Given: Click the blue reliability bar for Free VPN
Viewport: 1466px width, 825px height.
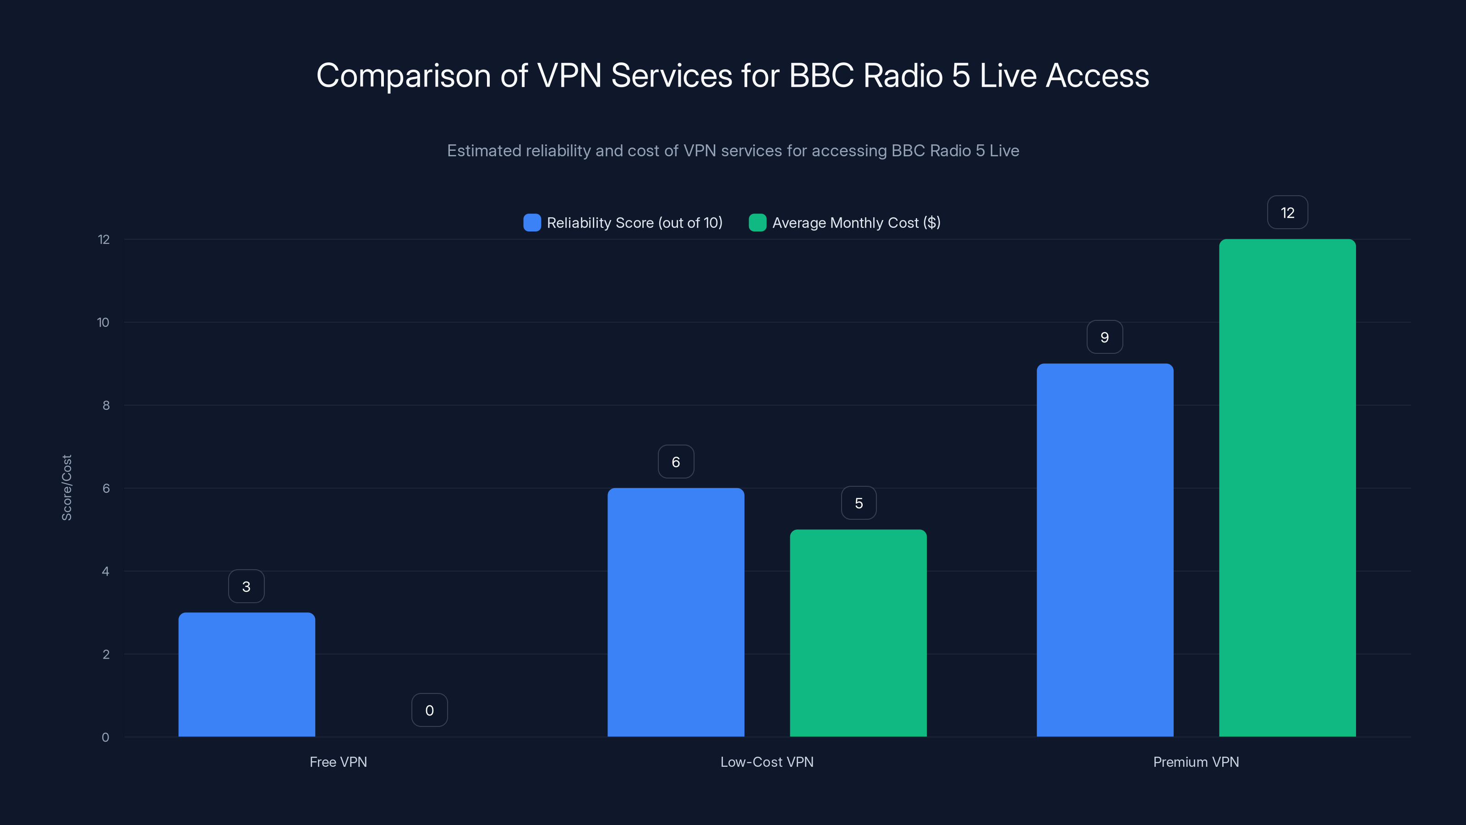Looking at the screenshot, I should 246,675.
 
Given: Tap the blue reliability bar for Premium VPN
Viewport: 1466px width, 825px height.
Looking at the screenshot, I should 1105,550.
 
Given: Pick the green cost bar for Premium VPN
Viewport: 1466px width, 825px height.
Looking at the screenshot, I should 1287,488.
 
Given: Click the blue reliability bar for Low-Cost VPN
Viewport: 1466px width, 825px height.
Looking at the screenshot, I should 676,613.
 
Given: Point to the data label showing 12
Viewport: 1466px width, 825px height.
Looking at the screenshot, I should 1287,213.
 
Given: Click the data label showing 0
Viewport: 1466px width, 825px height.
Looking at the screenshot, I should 430,710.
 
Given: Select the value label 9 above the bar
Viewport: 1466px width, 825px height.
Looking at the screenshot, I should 1105,338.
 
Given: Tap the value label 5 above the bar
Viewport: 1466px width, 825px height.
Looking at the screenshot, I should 859,503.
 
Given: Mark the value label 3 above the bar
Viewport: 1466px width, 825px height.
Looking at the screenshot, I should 246,587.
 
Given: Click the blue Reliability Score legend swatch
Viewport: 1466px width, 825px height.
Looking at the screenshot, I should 532,223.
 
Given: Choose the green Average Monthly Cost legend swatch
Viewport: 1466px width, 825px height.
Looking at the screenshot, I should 757,223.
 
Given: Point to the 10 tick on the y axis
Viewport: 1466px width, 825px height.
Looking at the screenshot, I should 103,323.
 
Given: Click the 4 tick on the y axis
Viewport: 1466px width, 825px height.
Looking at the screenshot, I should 105,572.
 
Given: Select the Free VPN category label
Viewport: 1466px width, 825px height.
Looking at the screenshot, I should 338,762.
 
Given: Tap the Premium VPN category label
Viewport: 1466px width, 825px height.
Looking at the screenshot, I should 1196,762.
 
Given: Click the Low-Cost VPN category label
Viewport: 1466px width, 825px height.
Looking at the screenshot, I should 766,762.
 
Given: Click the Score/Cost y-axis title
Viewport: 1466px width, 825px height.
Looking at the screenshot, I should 66,487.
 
